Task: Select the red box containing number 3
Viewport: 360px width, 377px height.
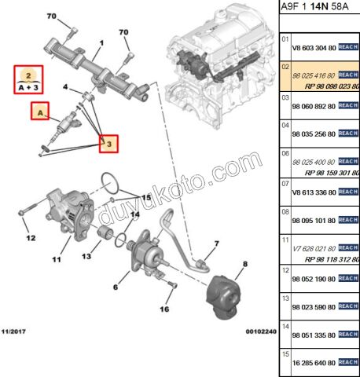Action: coord(110,144)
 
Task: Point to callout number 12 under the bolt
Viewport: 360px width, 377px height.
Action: coord(30,238)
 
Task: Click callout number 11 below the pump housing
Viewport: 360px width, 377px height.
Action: coord(56,259)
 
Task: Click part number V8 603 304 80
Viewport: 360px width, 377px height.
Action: coord(314,46)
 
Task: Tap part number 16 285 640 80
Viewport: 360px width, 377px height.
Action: coord(314,364)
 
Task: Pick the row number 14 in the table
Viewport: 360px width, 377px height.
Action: coord(286,325)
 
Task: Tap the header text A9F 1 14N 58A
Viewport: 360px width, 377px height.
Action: coord(318,9)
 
